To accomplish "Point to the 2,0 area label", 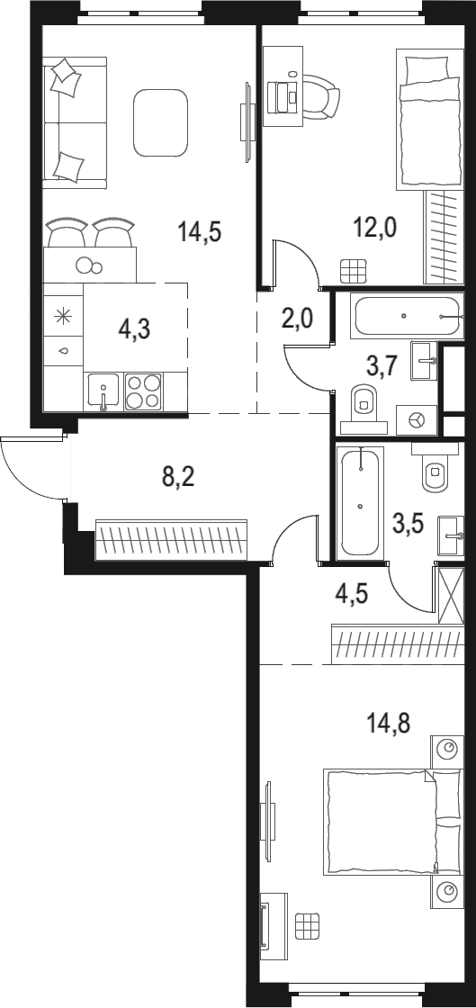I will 298,319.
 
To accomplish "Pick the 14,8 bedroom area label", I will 390,722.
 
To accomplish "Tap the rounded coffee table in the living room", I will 162,122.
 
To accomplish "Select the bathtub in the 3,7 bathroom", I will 406,317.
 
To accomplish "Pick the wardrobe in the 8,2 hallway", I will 171,539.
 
